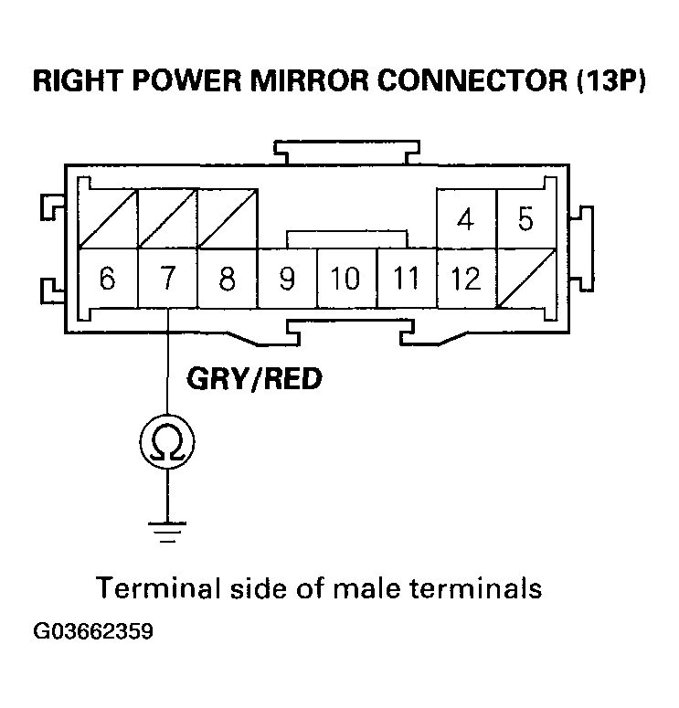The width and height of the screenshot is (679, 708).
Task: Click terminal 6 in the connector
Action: tap(107, 278)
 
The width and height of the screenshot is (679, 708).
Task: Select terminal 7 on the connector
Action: tap(166, 278)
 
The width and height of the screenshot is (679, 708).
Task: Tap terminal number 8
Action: tap(227, 278)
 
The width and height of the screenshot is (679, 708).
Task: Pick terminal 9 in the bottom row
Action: tap(287, 278)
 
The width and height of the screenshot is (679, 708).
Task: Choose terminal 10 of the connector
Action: tap(346, 278)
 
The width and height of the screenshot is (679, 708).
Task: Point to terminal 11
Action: tap(407, 278)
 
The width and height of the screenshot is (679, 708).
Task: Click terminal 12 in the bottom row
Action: tap(466, 278)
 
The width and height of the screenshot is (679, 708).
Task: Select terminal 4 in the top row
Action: tap(466, 219)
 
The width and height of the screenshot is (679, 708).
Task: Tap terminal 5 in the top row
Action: tap(525, 219)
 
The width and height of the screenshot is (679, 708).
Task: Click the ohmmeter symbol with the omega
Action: tap(166, 444)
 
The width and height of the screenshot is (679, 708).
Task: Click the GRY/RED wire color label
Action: tap(254, 378)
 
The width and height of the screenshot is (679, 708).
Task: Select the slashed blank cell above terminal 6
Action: tap(107, 219)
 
